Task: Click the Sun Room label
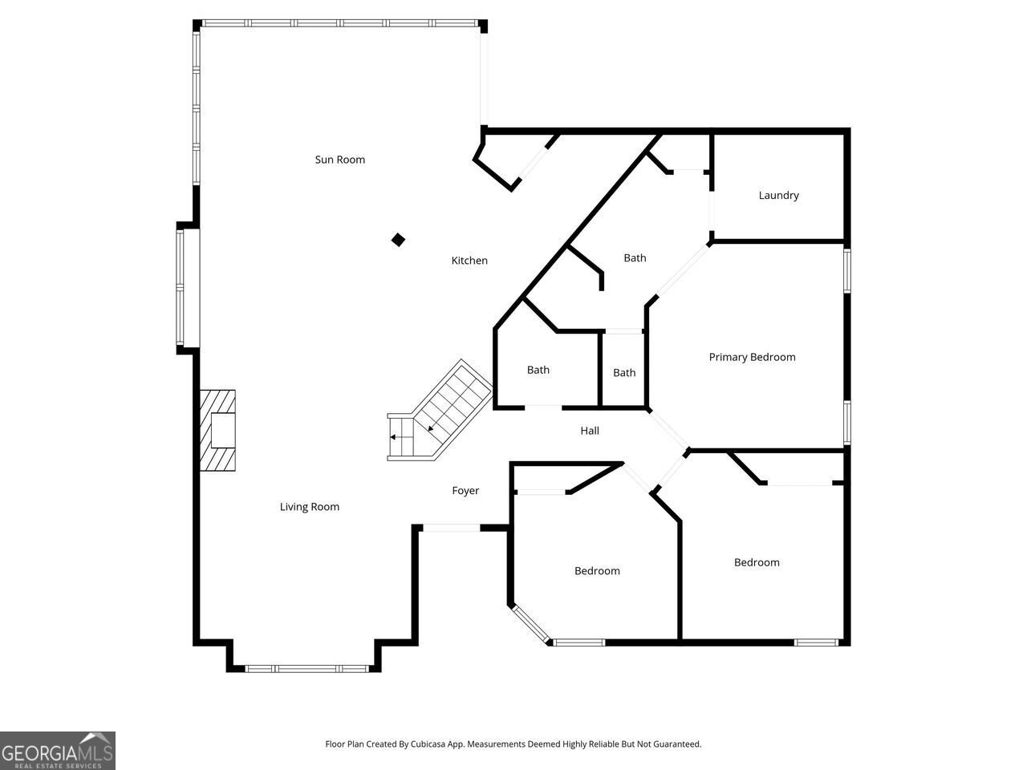point(339,160)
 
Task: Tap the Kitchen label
point(469,261)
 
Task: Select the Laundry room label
point(778,195)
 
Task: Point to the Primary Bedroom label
point(752,357)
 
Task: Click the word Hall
point(590,431)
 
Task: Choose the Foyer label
point(465,491)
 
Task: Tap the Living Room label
point(309,507)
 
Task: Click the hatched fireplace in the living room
point(217,431)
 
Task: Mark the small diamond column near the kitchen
point(398,240)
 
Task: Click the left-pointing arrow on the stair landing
point(395,437)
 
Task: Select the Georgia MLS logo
point(57,751)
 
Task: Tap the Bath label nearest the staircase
point(538,370)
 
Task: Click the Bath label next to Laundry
point(635,257)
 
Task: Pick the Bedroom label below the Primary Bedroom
point(757,562)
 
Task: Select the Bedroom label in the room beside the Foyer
point(597,571)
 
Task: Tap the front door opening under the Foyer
point(451,528)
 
